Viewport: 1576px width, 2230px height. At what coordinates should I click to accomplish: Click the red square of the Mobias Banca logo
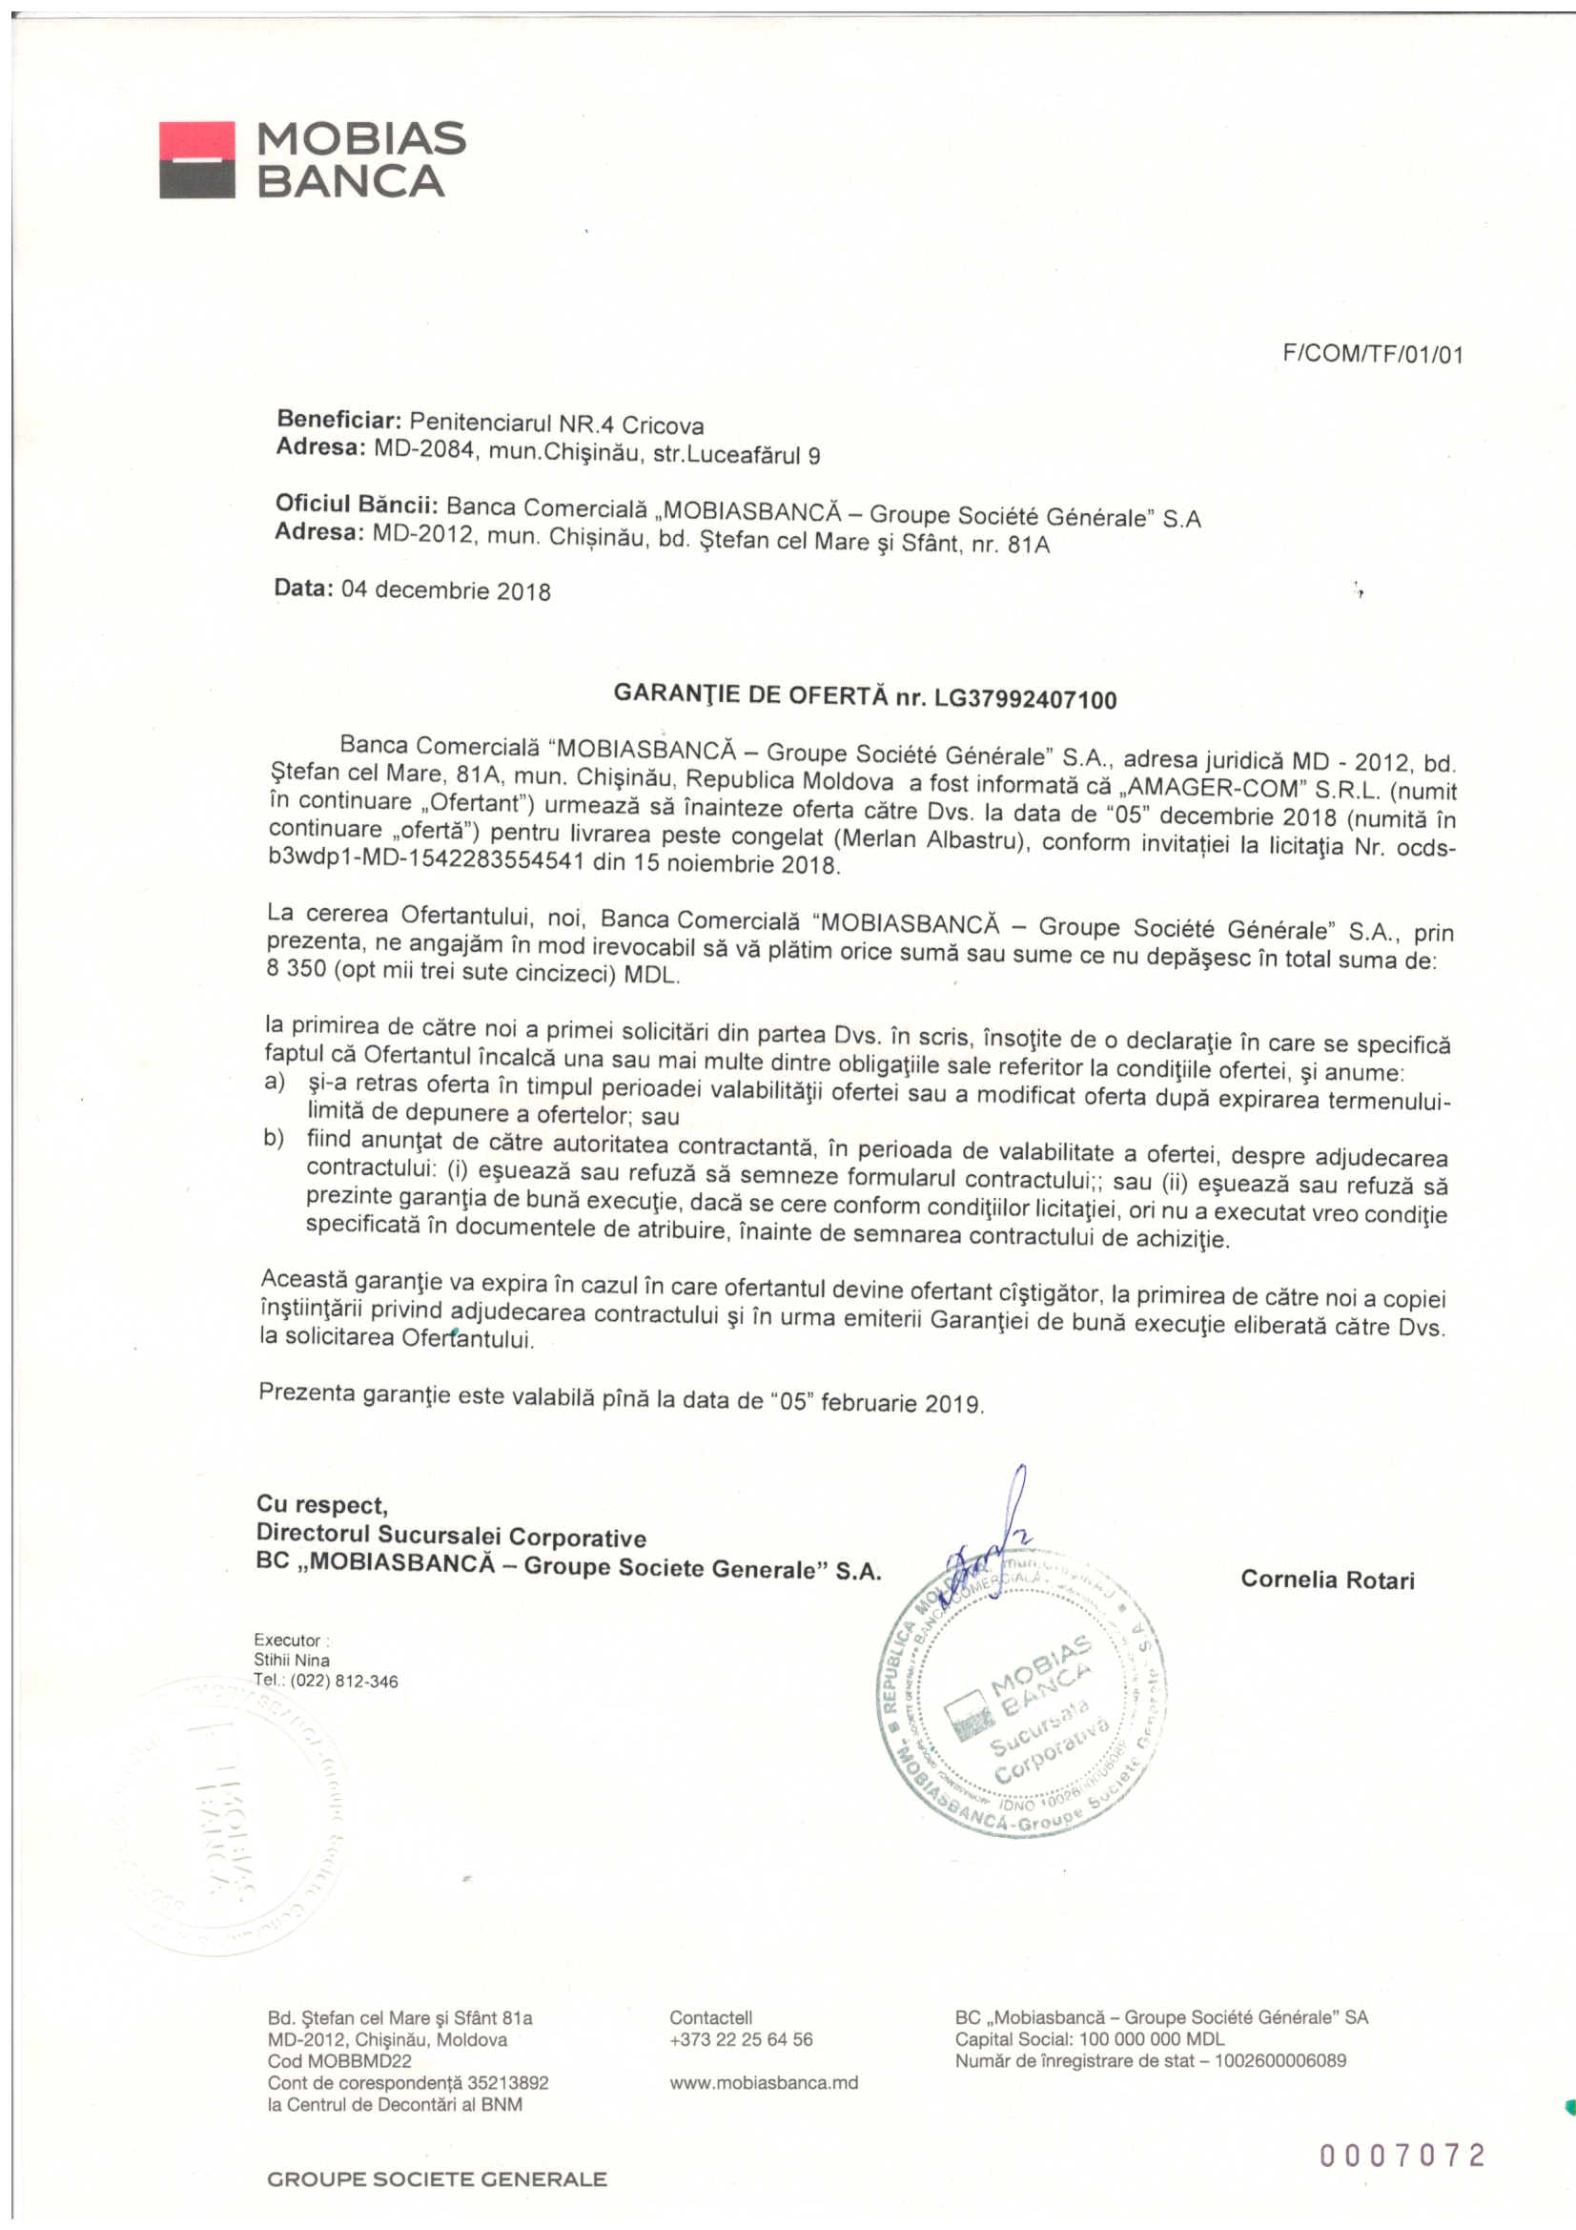[x=196, y=138]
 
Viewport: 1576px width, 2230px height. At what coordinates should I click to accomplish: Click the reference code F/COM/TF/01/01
[x=1372, y=356]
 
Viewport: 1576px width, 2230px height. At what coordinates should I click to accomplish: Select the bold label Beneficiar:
[x=338, y=421]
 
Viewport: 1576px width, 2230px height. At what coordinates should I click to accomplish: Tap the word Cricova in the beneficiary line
[x=663, y=425]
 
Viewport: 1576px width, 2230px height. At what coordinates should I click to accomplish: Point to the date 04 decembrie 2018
[x=445, y=590]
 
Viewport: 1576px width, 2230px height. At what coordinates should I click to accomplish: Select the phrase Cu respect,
[x=322, y=1504]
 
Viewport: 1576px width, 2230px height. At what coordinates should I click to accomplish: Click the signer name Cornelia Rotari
[x=1327, y=1580]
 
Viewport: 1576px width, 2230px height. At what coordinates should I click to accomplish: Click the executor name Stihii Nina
[x=292, y=1660]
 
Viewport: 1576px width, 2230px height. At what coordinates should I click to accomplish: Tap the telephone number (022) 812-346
[x=344, y=1682]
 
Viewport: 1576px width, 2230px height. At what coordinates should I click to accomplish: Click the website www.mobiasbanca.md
[x=764, y=2082]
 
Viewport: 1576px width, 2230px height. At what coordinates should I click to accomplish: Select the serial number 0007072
[x=1402, y=2157]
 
